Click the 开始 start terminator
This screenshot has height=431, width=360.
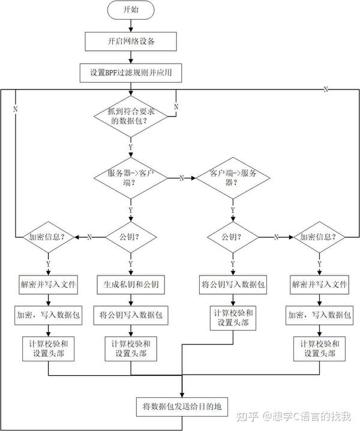[130, 10]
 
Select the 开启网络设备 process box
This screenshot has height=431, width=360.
[131, 41]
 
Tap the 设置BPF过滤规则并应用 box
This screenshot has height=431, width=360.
[131, 73]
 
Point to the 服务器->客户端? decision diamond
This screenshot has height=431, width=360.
[130, 178]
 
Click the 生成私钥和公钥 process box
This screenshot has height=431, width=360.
[130, 284]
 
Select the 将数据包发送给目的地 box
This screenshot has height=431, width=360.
[181, 406]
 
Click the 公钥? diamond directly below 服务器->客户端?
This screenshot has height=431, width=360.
[130, 237]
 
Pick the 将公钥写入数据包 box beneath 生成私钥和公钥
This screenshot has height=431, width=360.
[130, 314]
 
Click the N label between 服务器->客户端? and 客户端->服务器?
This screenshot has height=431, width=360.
[181, 178]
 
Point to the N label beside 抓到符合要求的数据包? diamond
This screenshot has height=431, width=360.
[176, 106]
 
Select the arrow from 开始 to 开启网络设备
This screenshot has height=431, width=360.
[130, 25]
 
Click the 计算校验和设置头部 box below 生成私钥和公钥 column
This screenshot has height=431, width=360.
[130, 349]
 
